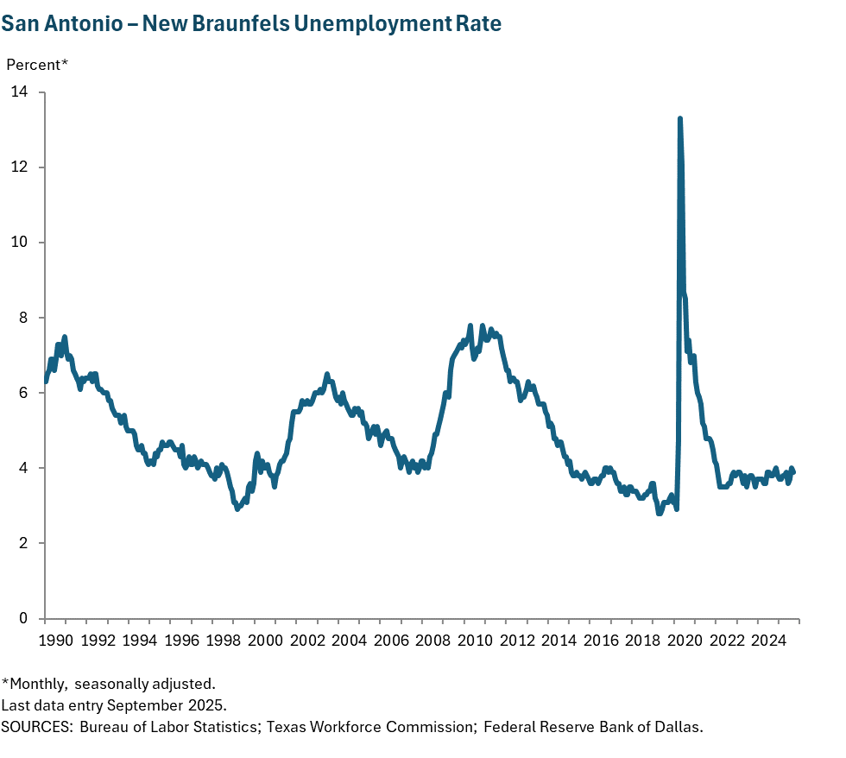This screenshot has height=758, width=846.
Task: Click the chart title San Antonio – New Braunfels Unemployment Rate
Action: coord(251,23)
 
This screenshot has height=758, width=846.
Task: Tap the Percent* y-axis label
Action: coord(37,65)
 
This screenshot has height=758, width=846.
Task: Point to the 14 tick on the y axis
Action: coord(19,92)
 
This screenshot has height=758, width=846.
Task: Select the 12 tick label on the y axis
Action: coord(19,167)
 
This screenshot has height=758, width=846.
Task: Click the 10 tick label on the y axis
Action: coord(19,242)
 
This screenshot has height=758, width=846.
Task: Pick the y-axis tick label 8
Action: coord(23,318)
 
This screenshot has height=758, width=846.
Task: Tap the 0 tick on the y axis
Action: coord(23,618)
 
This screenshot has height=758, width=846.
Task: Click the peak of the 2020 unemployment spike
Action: coord(680,118)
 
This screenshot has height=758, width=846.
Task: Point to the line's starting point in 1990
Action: coord(46,381)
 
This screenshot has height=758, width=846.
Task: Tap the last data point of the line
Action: coord(793,471)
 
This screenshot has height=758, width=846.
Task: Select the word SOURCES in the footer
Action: coord(36,726)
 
